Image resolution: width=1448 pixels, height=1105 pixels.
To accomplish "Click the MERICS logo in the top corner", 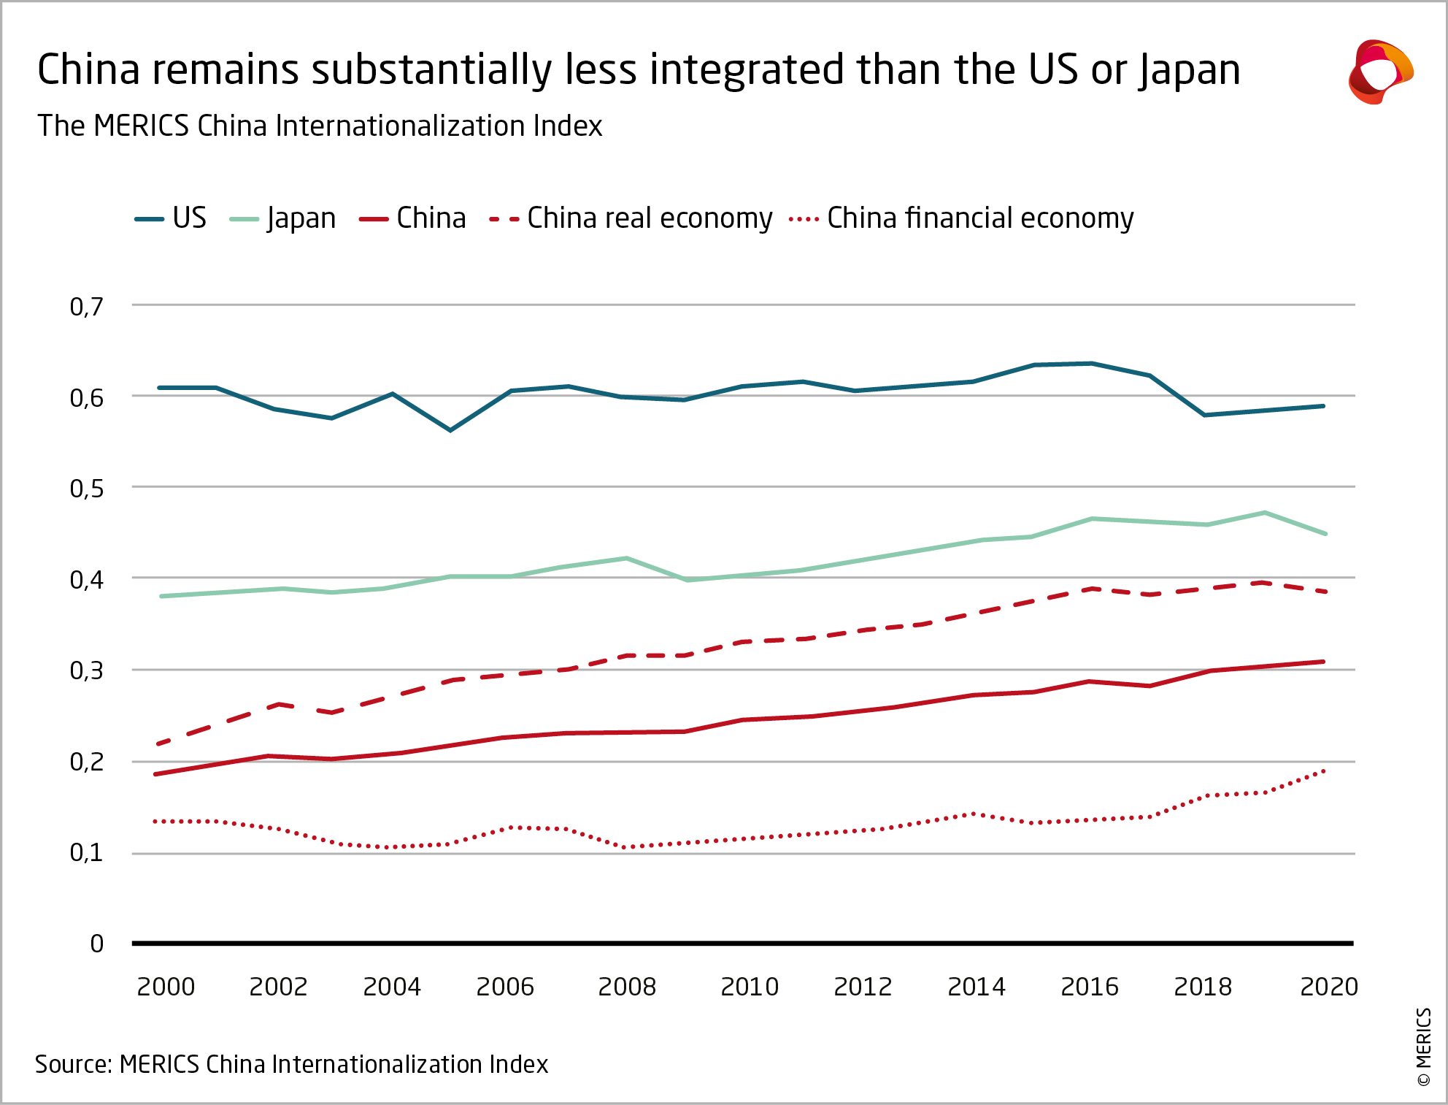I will [x=1380, y=72].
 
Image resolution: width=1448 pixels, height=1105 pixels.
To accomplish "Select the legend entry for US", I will [x=172, y=218].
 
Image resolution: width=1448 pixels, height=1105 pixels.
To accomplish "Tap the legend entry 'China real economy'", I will [x=631, y=218].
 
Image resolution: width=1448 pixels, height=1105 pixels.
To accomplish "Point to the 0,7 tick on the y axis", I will [x=87, y=307].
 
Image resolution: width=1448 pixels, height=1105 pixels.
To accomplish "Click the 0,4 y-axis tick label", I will [x=87, y=580].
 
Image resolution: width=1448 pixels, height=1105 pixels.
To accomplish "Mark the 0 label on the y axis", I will [x=96, y=944].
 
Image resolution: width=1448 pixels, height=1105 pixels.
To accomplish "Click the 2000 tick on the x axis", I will [x=166, y=987].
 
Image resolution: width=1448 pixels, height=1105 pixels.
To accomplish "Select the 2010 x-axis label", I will [x=750, y=987].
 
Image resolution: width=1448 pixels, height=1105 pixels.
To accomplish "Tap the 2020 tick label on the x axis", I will [x=1328, y=987].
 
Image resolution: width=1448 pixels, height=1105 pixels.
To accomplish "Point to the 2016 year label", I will [x=1090, y=987].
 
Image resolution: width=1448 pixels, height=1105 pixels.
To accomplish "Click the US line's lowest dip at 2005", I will [x=450, y=430].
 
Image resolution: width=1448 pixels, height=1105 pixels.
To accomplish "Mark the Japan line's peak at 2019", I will [x=1264, y=513].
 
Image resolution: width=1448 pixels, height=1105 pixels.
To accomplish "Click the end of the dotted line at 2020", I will [x=1324, y=771].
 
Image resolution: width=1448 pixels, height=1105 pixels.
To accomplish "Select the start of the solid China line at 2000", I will [x=156, y=774].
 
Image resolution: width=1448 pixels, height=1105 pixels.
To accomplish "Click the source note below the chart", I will [x=291, y=1064].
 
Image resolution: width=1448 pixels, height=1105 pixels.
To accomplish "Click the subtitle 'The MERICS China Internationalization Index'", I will [x=320, y=126].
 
